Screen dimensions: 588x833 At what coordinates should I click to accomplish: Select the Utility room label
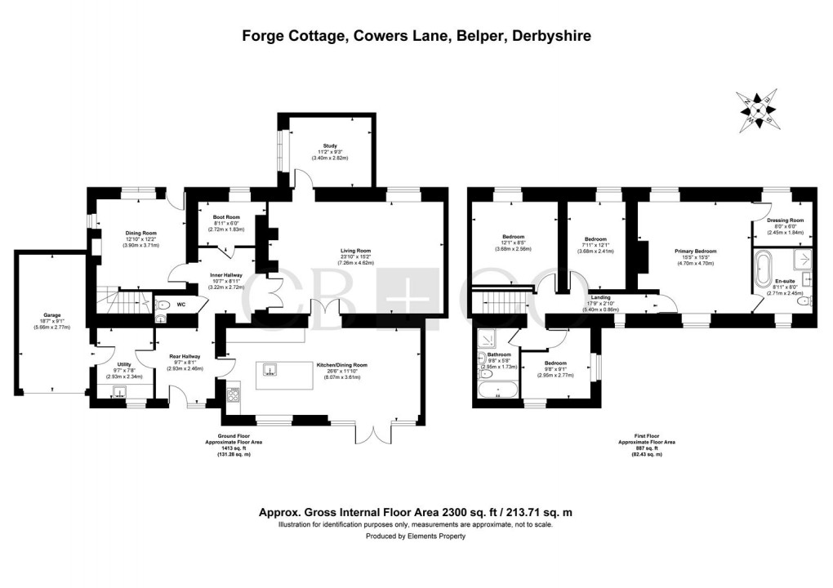click(x=124, y=364)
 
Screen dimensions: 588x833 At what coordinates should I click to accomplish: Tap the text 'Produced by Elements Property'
click(x=416, y=537)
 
